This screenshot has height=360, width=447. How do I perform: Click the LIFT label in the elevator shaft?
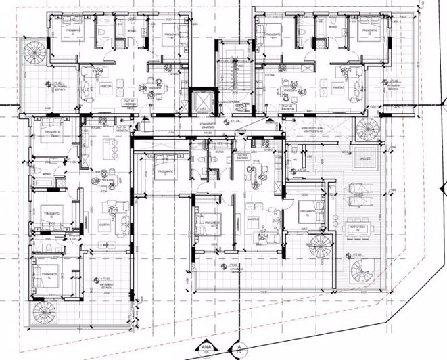pyautogui.click(x=202, y=108)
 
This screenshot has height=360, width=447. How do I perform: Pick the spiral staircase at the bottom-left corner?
pyautogui.click(x=45, y=313)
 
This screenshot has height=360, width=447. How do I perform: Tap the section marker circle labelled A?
pyautogui.click(x=238, y=349)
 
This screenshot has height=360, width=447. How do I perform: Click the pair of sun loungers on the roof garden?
pyautogui.click(x=355, y=197)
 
